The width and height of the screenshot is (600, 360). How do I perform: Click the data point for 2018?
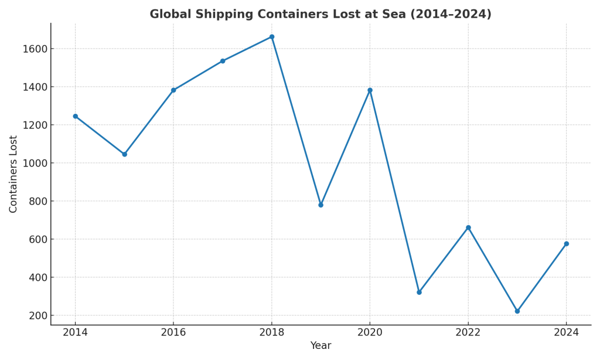(x=272, y=37)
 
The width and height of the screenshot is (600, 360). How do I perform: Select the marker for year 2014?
(x=75, y=116)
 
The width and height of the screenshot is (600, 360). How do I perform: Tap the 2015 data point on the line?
(x=124, y=154)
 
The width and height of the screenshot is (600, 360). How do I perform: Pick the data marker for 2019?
(x=321, y=205)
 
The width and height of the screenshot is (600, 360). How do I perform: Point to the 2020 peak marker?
(x=370, y=90)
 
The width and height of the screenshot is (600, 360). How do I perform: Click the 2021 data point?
(x=419, y=292)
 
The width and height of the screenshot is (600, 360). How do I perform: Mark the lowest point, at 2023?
(x=517, y=311)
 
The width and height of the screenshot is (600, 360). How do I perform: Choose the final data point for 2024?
(x=566, y=244)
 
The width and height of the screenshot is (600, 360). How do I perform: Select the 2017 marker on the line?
(x=223, y=61)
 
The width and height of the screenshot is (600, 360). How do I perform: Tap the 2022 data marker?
(x=468, y=227)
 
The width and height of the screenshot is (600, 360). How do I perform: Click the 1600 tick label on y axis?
(x=35, y=49)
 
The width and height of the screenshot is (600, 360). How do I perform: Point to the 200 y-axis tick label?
(x=38, y=315)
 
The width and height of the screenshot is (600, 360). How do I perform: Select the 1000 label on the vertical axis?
(x=35, y=163)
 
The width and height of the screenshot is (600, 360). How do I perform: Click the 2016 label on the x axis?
(x=173, y=332)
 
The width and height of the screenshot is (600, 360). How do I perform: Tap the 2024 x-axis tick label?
(x=566, y=332)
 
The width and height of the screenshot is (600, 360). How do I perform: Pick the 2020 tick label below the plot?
(x=370, y=332)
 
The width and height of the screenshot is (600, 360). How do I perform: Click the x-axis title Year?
(x=321, y=346)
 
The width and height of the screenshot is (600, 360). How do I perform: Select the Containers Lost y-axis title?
(x=13, y=174)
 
